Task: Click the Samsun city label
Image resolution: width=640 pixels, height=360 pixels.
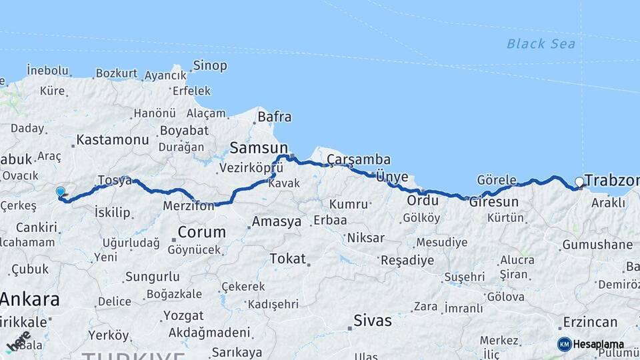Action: [x=259, y=147]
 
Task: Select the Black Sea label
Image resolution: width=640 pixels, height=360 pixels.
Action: [x=541, y=44]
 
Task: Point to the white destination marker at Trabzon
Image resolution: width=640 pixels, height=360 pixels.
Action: [x=579, y=181]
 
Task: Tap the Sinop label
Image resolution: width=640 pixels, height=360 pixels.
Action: [x=210, y=65]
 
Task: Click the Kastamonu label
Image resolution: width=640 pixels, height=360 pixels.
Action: [x=112, y=140]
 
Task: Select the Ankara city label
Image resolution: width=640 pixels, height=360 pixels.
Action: [x=30, y=299]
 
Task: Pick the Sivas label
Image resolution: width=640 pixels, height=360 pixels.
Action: [x=373, y=321]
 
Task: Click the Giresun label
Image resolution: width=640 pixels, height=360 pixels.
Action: [x=494, y=201]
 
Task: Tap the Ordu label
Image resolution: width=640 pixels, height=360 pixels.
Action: [x=423, y=200]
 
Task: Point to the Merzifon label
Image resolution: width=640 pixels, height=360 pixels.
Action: [x=189, y=207]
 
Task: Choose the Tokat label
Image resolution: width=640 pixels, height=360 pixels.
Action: [x=287, y=259]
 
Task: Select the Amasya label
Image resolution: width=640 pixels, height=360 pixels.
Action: [x=276, y=222]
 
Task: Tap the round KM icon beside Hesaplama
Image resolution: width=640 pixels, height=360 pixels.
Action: [x=564, y=344]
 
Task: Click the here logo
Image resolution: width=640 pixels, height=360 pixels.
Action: [x=18, y=341]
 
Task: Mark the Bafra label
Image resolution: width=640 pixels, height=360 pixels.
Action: [x=274, y=117]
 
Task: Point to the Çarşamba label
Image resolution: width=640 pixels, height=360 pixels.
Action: [x=358, y=159]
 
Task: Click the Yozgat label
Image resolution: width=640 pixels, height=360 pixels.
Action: [x=183, y=315]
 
